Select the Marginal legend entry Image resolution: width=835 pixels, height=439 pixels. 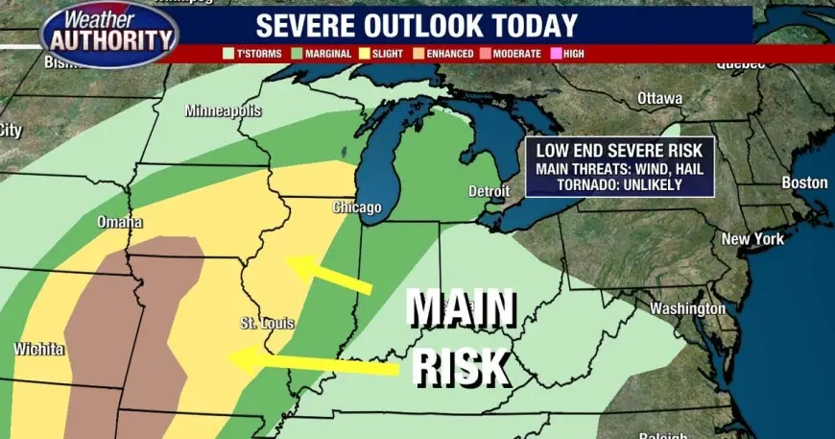click(323, 54)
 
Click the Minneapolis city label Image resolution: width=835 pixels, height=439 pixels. click(223, 110)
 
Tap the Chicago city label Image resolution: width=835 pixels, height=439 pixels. click(356, 207)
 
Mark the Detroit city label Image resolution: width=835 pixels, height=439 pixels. click(489, 191)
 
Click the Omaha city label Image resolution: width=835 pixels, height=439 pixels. click(120, 223)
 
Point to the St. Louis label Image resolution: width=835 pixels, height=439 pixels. click(267, 323)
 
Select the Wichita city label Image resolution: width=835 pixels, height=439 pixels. click(38, 349)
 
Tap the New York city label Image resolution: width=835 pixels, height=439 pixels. click(752, 238)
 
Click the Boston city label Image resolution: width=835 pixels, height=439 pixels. click(804, 183)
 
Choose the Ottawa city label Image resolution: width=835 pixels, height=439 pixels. click(659, 98)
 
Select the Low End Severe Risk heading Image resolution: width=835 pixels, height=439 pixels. click(619, 150)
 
